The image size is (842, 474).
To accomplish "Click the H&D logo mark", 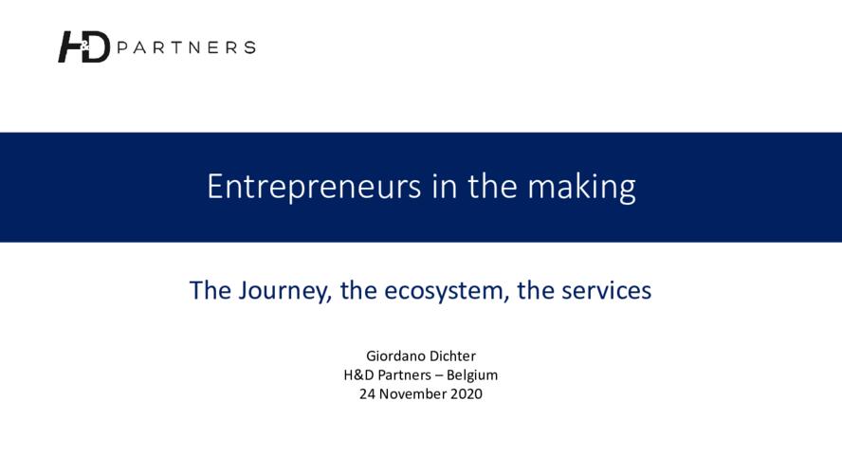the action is click(x=83, y=46).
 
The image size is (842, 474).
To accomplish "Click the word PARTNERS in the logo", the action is click(x=186, y=47).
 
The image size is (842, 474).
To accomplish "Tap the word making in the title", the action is click(x=581, y=188).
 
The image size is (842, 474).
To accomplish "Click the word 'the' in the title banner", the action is click(x=492, y=186).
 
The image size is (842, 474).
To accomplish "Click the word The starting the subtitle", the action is click(x=210, y=290).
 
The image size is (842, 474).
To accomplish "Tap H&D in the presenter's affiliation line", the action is click(x=358, y=374).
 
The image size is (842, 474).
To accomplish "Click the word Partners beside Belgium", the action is click(x=404, y=374).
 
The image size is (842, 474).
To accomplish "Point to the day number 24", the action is click(x=367, y=394).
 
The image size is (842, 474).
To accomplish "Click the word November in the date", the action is click(x=412, y=394).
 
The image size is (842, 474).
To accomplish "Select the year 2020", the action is click(x=467, y=394).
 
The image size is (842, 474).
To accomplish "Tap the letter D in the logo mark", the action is click(x=97, y=47).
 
